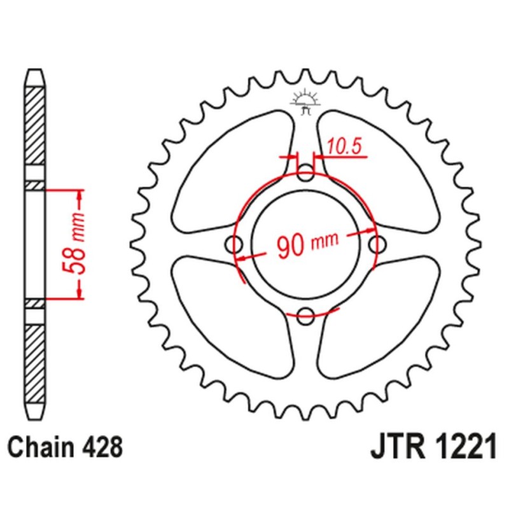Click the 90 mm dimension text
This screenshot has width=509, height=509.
pyautogui.click(x=307, y=244)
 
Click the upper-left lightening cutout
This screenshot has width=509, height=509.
pyautogui.click(x=232, y=172)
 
